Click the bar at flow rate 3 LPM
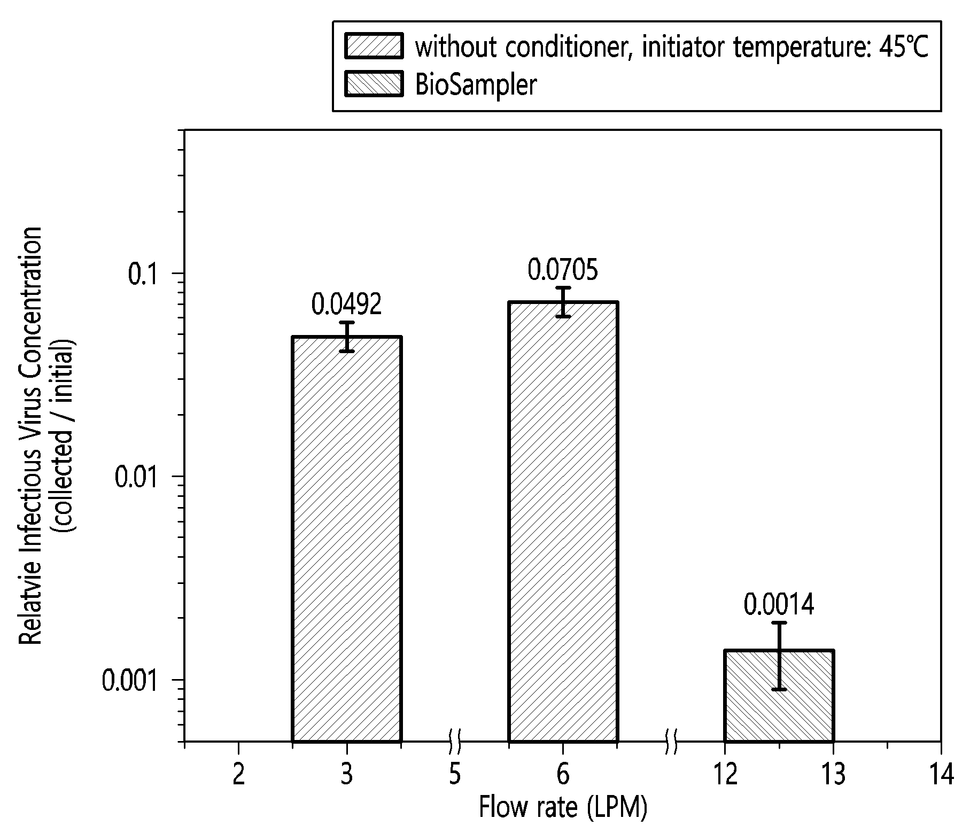(347, 539)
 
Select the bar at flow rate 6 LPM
(563, 521)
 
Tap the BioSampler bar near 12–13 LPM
(779, 696)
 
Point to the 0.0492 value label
(347, 305)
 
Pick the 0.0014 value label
(779, 605)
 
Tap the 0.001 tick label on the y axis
(136, 680)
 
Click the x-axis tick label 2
(239, 775)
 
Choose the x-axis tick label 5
(455, 775)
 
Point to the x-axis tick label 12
(725, 775)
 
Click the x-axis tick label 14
(941, 775)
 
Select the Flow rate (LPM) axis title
(563, 807)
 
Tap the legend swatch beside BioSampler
(374, 84)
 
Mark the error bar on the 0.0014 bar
(779, 656)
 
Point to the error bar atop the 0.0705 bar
(563, 302)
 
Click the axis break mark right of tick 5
(455, 742)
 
